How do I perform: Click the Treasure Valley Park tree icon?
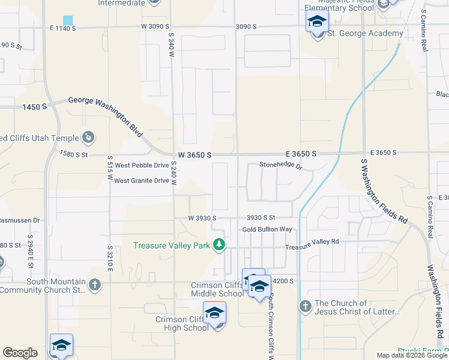tap(220, 245)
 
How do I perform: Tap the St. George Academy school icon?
tap(317, 24)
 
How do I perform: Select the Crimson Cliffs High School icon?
tap(214, 314)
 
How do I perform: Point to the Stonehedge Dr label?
tap(280, 165)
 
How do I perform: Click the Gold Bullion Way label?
tap(267, 229)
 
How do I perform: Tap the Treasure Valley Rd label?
tap(312, 243)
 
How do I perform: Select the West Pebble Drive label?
tap(142, 165)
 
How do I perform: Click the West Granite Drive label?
tap(142, 181)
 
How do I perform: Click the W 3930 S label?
tap(202, 218)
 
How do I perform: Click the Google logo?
tap(20, 353)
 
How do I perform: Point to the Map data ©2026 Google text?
tap(412, 355)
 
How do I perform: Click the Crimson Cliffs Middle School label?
tap(217, 289)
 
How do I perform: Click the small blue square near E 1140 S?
tap(68, 20)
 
